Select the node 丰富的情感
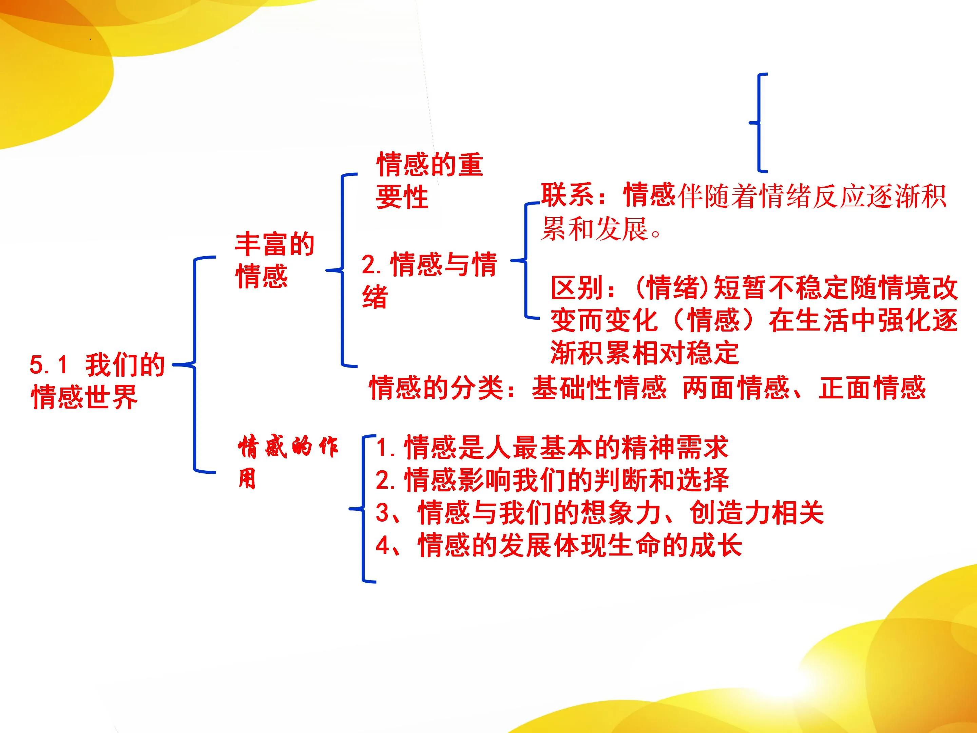click(x=274, y=261)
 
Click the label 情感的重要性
click(x=429, y=180)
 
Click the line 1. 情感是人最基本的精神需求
click(x=552, y=447)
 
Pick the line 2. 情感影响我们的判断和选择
click(x=552, y=480)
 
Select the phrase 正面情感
click(x=872, y=388)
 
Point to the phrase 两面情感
click(x=736, y=388)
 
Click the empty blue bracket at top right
click(x=759, y=123)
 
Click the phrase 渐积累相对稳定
click(x=645, y=353)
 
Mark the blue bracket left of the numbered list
click(x=363, y=509)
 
